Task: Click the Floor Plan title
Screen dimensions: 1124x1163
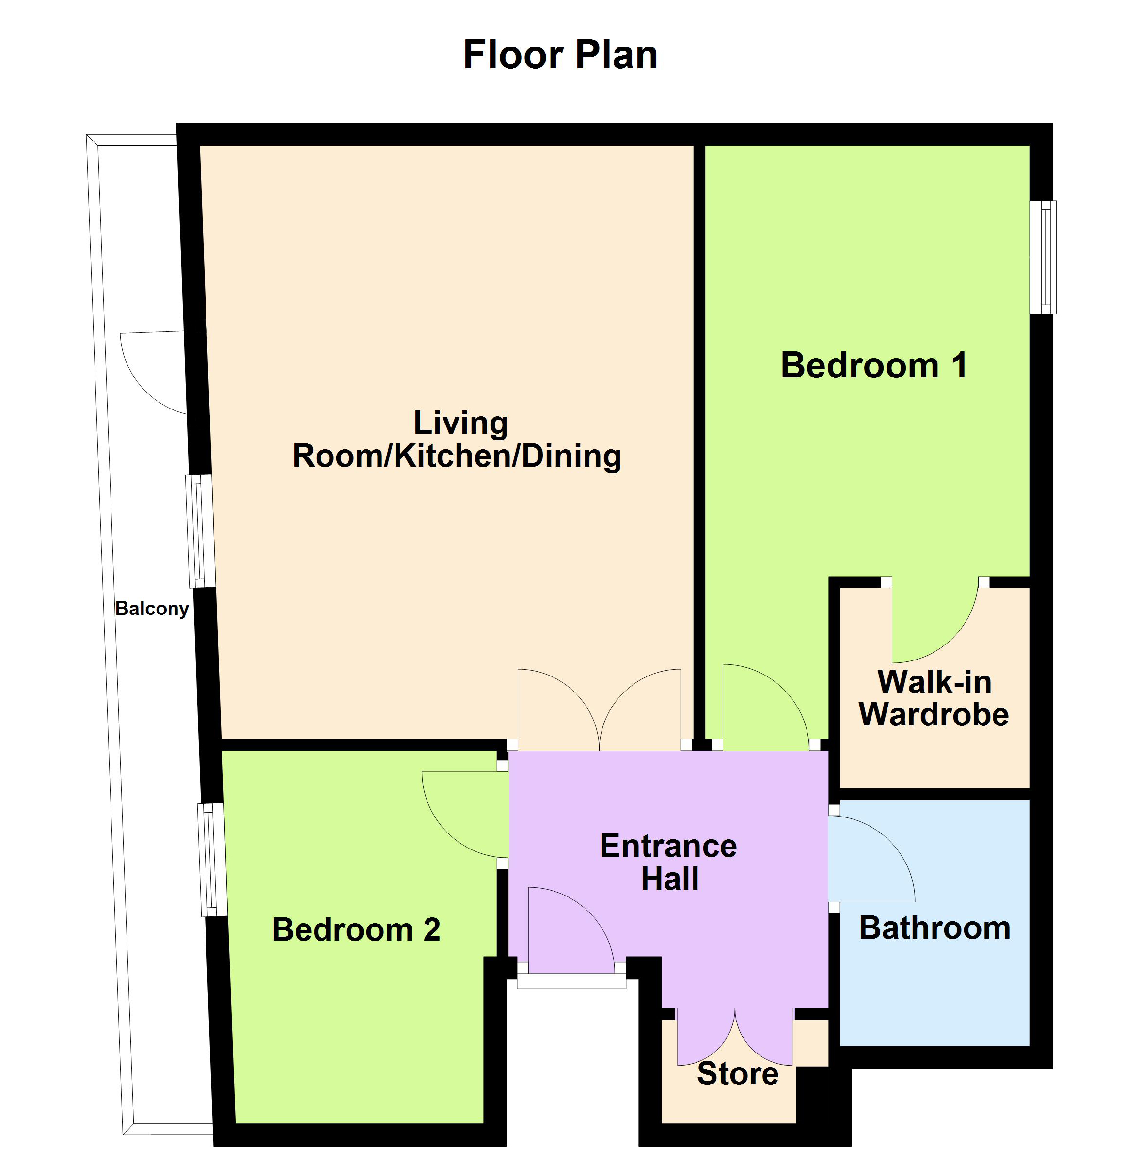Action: pos(560,55)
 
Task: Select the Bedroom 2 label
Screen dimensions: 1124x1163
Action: pos(356,929)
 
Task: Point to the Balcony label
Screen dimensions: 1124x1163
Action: pos(152,609)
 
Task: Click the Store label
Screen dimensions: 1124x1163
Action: pos(738,1073)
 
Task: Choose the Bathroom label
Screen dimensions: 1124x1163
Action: pos(934,927)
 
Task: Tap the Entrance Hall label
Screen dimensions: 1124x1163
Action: pos(669,862)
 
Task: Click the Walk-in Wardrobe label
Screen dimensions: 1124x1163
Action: pos(934,698)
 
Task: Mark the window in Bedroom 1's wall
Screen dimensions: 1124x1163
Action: pos(1043,257)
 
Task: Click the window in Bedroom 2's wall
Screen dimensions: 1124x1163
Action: pos(212,860)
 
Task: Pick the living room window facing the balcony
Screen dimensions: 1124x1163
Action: pos(200,531)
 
